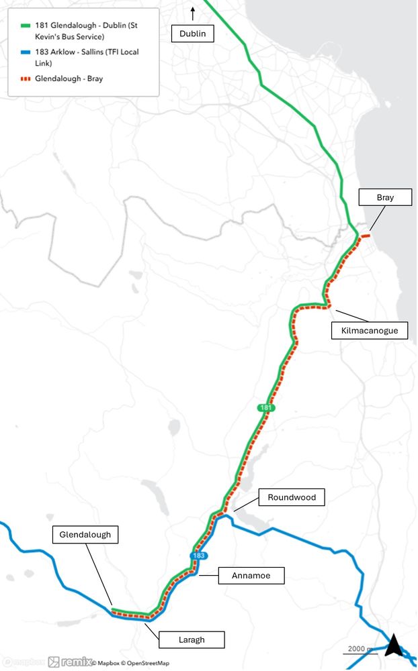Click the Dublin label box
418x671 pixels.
click(x=193, y=34)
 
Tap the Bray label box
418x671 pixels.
click(x=384, y=197)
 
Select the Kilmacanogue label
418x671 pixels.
click(x=370, y=330)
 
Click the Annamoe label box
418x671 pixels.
click(x=252, y=575)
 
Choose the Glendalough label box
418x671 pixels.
click(x=85, y=535)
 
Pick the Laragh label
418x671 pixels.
click(x=192, y=639)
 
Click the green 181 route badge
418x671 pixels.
click(x=266, y=408)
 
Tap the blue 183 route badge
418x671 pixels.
click(x=198, y=556)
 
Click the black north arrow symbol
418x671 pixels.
click(x=393, y=646)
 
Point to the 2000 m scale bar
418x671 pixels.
click(x=360, y=650)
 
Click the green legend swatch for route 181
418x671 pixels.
click(x=26, y=25)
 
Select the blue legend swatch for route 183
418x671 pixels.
click(x=26, y=52)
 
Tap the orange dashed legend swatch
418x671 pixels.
click(x=26, y=79)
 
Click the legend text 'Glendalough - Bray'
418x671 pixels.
click(x=69, y=79)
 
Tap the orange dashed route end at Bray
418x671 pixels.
click(x=367, y=236)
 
